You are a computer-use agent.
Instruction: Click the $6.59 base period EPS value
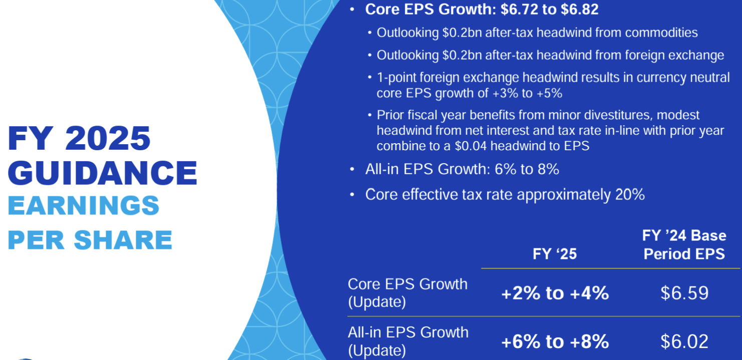click(684, 293)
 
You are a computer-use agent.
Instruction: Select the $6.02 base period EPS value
click(684, 341)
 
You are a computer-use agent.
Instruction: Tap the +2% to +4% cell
click(555, 293)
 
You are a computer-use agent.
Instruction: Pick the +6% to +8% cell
click(555, 341)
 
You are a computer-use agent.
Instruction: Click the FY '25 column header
click(555, 254)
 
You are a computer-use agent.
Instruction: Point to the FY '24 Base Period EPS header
click(684, 245)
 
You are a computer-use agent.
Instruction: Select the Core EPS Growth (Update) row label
click(408, 293)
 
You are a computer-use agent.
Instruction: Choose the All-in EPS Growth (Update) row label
click(408, 341)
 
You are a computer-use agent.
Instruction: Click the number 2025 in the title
click(108, 138)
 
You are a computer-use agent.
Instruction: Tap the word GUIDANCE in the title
click(102, 173)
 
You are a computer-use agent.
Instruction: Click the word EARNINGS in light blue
click(84, 205)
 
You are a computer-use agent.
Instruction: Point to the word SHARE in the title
click(123, 240)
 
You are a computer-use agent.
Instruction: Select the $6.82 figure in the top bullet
click(580, 10)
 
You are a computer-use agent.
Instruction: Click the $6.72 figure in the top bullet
click(520, 10)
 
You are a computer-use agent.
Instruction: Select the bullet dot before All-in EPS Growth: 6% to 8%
click(352, 170)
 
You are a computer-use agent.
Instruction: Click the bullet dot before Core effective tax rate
click(352, 195)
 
